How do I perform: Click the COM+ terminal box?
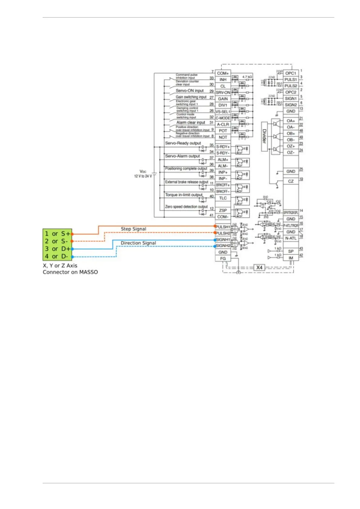[223, 73]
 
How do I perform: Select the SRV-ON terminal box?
[223, 92]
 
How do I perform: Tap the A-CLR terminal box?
[223, 124]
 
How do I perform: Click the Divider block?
[264, 136]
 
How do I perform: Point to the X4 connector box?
[259, 267]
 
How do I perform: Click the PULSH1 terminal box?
[223, 227]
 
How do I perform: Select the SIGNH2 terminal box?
[223, 246]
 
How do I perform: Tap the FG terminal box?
[223, 258]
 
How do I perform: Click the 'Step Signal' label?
[133, 229]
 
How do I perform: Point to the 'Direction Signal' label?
[138, 243]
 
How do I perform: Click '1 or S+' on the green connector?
[57, 234]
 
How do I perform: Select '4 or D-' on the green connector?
[57, 256]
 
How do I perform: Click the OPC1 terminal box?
[291, 73]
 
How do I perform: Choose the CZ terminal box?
[291, 181]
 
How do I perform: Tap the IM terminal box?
[291, 258]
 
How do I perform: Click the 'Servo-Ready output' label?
[183, 143]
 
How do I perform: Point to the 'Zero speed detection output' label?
[186, 207]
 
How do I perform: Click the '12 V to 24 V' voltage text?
[143, 176]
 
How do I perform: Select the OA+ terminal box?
[291, 121]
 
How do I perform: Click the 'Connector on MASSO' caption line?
[70, 272]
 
